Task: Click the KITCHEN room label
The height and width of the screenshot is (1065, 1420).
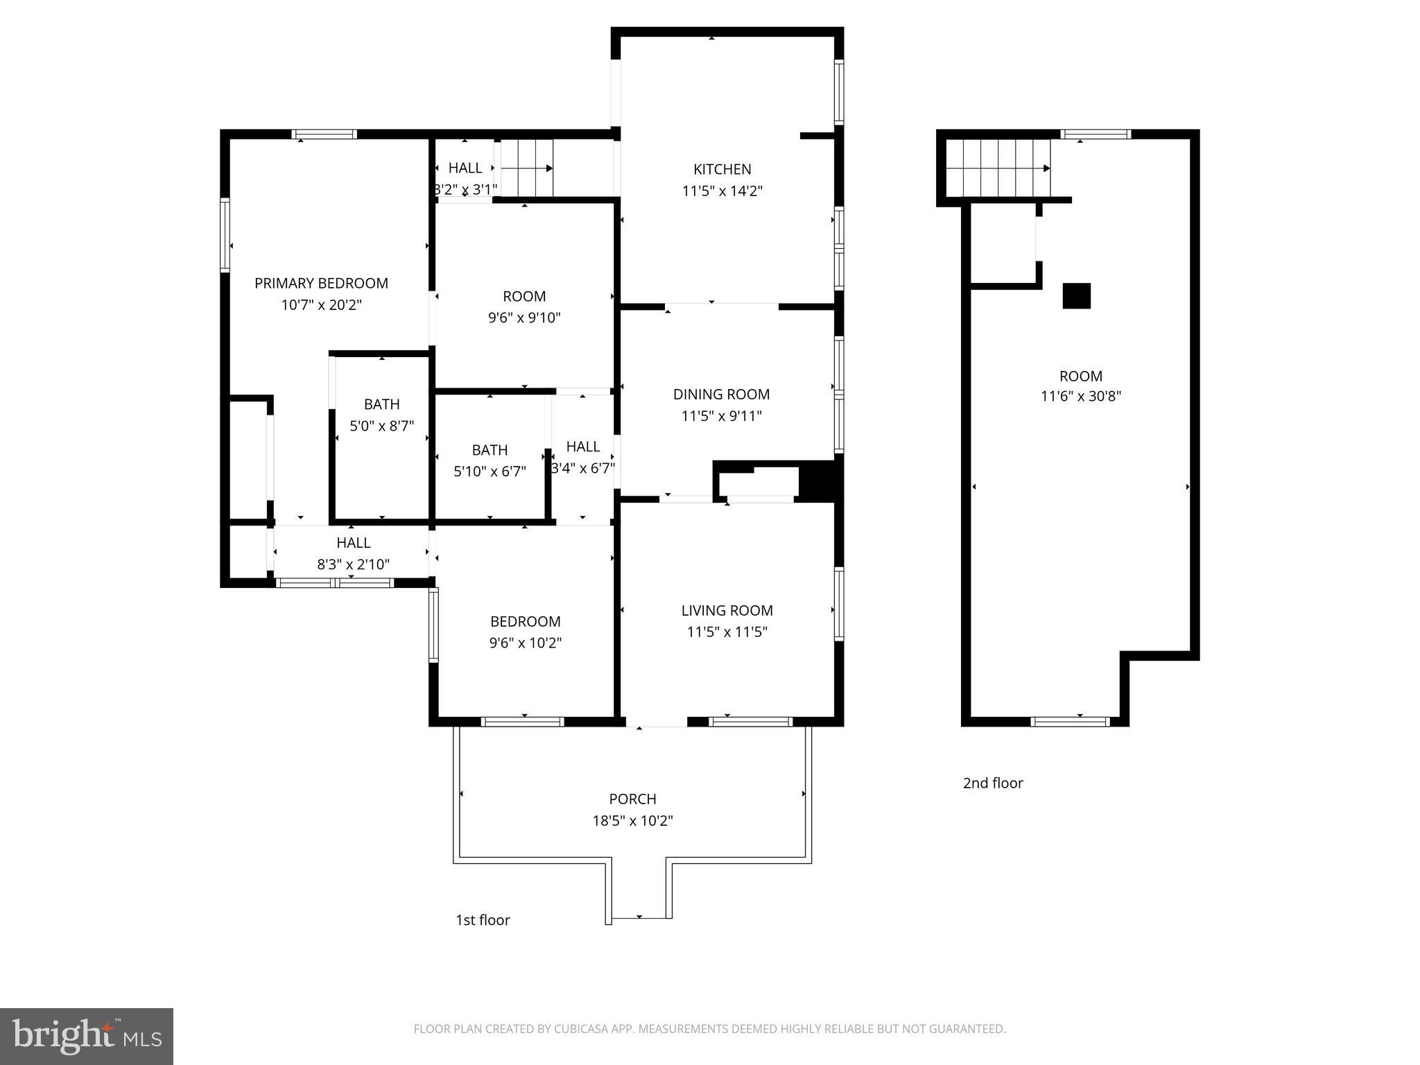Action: pyautogui.click(x=722, y=169)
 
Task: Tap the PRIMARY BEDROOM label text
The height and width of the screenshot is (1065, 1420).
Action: pyautogui.click(x=321, y=283)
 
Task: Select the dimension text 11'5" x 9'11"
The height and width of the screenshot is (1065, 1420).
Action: pyautogui.click(x=721, y=416)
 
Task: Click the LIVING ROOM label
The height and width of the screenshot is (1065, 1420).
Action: pyautogui.click(x=727, y=610)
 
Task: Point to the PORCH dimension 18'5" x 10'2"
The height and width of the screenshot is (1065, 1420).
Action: pyautogui.click(x=632, y=821)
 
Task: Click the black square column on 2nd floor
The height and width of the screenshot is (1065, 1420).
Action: pyautogui.click(x=1076, y=296)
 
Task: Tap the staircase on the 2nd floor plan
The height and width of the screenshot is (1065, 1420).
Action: pyautogui.click(x=998, y=168)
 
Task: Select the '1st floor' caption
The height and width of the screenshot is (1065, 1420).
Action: pyautogui.click(x=483, y=920)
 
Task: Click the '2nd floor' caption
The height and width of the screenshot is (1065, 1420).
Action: pyautogui.click(x=993, y=783)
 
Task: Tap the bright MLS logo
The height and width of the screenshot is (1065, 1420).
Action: pyautogui.click(x=87, y=1036)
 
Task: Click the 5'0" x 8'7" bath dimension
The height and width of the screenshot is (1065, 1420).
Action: pyautogui.click(x=381, y=426)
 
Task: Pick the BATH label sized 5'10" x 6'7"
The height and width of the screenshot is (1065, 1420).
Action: pyautogui.click(x=490, y=450)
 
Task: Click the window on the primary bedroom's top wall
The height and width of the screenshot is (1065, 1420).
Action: pyautogui.click(x=324, y=135)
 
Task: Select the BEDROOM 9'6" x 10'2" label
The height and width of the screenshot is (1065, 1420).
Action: pyautogui.click(x=525, y=621)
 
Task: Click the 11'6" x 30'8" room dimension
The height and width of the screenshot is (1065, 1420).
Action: pyautogui.click(x=1080, y=397)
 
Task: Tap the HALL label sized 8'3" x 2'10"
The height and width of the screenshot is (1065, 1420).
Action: pyautogui.click(x=353, y=543)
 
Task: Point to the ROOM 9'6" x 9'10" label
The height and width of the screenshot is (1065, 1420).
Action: pyautogui.click(x=524, y=296)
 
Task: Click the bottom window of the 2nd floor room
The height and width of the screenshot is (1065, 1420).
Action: pyautogui.click(x=1070, y=722)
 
